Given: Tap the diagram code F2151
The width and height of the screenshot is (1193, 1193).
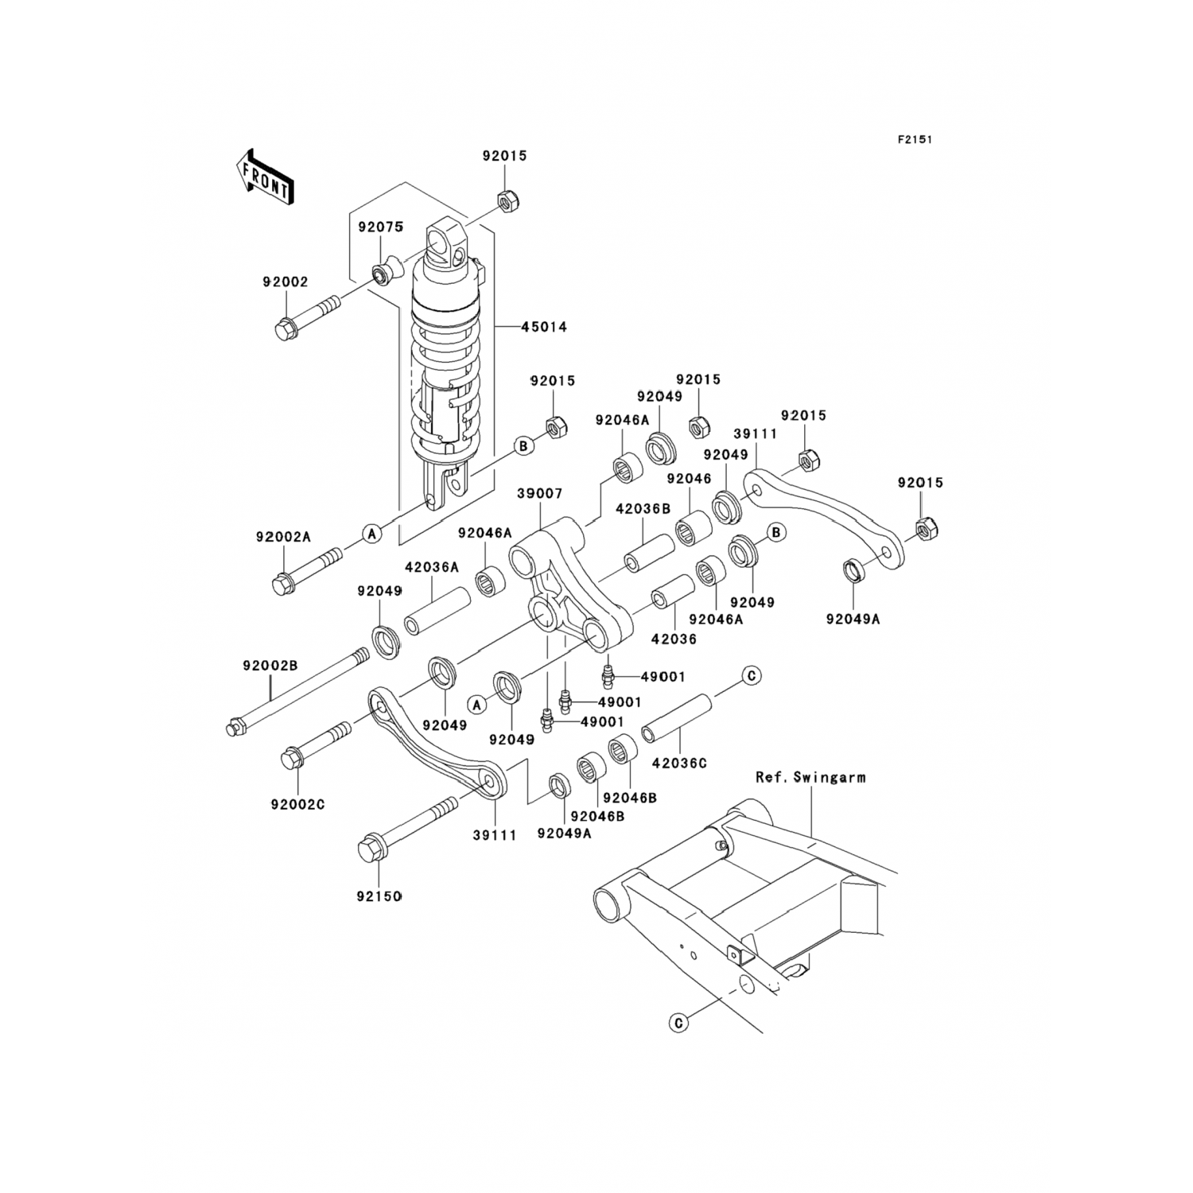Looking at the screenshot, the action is tap(915, 139).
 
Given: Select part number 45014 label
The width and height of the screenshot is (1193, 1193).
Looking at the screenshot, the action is tap(544, 327).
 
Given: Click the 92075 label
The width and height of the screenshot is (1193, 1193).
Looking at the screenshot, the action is tap(380, 227).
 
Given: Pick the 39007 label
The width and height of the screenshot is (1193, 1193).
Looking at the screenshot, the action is tap(540, 494).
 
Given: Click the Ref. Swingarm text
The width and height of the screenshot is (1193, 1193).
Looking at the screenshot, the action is tap(810, 778).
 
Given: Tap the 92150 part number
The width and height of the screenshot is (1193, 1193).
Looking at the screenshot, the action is tap(379, 896).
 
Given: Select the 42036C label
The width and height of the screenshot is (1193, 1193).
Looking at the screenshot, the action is tap(679, 763).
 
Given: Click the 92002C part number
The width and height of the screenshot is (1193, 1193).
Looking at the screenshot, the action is tap(297, 804).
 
